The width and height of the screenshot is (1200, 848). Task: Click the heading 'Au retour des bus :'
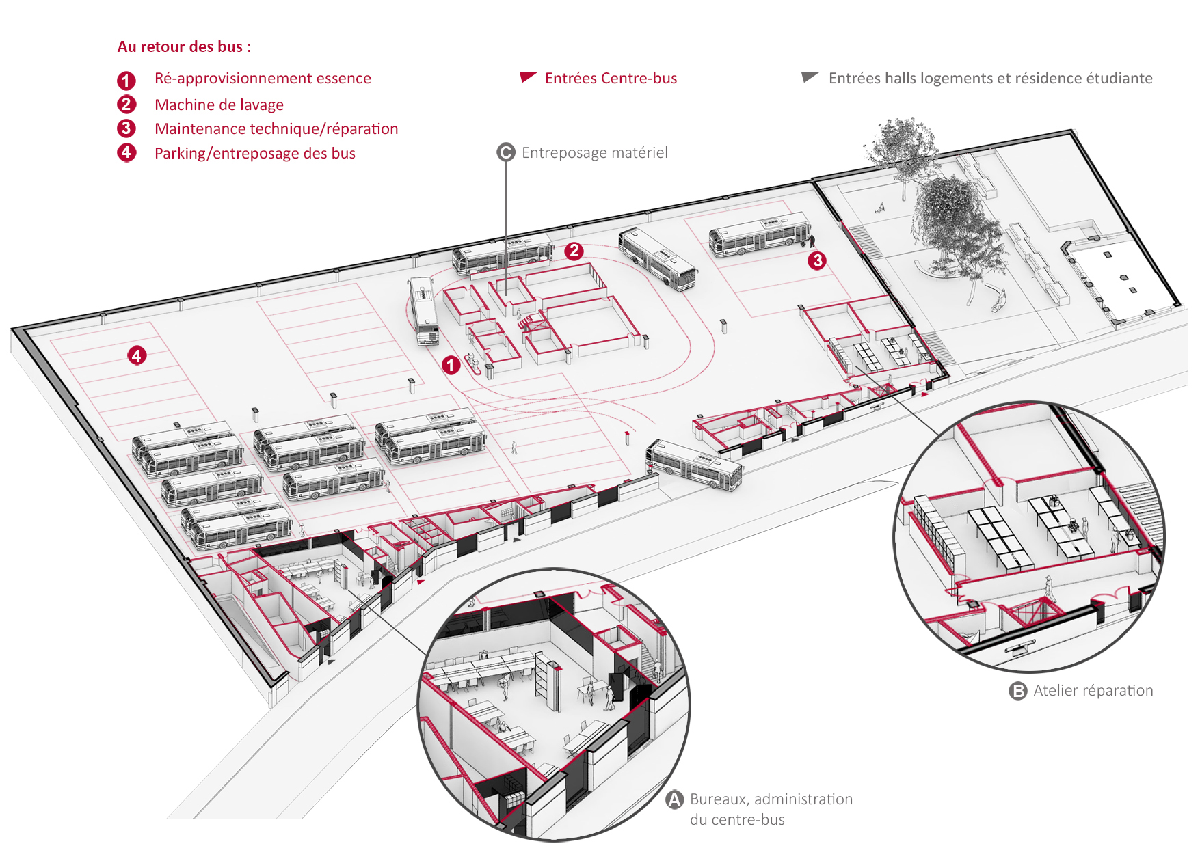[x=184, y=46]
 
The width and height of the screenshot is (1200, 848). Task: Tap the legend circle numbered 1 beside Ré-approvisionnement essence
[x=126, y=81]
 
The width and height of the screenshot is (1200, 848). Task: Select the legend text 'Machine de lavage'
[x=219, y=105]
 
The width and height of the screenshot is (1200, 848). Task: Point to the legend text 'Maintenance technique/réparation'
[x=276, y=128]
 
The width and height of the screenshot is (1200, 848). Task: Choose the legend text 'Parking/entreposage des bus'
[x=254, y=153]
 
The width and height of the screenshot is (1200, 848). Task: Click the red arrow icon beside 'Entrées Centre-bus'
[x=528, y=77]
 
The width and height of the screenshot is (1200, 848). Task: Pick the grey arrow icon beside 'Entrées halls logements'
[x=810, y=77]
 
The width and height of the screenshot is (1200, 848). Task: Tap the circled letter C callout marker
[x=506, y=152]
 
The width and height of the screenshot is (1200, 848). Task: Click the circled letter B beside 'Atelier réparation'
[x=1018, y=691]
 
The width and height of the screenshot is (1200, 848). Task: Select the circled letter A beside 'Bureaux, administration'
[x=675, y=799]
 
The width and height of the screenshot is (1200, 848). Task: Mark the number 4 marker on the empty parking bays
[x=137, y=355]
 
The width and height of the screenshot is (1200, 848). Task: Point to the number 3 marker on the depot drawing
[x=817, y=260]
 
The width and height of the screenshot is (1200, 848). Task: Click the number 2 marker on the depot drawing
[x=574, y=251]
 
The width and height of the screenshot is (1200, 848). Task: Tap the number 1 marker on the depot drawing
[x=451, y=365]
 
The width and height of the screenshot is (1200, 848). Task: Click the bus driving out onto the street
[x=693, y=465]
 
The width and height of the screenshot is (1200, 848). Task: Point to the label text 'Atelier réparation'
[x=1093, y=691]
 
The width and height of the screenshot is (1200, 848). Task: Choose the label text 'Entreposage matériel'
[x=594, y=152]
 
